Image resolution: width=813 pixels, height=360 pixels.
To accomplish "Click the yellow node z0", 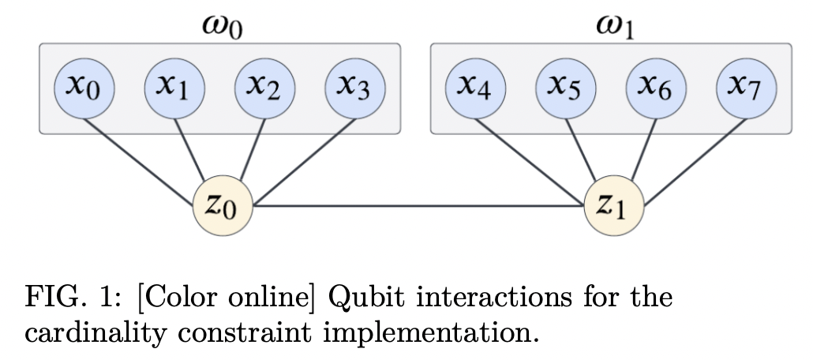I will click(x=223, y=207).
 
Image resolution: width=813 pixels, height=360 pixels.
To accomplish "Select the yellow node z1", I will click(x=614, y=207).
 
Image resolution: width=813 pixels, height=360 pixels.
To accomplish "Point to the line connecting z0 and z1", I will click(x=418, y=208).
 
